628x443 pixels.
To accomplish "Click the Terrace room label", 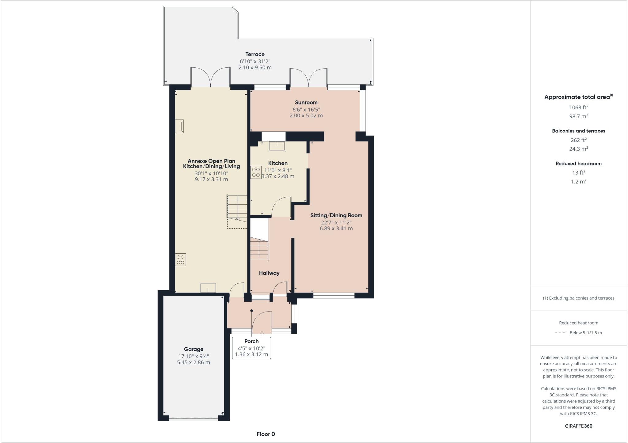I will click(255, 54).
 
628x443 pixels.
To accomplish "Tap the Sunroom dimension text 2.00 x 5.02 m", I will click(306, 115).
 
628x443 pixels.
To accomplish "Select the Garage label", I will click(193, 349).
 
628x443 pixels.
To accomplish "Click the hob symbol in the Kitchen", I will click(256, 172).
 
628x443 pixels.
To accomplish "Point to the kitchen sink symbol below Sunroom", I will click(277, 146).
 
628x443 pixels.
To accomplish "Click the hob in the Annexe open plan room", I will click(180, 259).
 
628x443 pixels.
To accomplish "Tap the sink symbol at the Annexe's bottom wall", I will click(208, 288).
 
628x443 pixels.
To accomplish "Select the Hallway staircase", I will click(259, 249).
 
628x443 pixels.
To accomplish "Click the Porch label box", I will click(251, 348).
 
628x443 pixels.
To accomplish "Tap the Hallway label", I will click(269, 273).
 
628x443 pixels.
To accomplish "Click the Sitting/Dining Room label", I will click(336, 215).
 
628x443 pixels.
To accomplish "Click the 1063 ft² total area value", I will click(578, 107).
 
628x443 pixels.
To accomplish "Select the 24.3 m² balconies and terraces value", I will click(578, 149).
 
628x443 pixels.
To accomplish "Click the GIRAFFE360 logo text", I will click(578, 426).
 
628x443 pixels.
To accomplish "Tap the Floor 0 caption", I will click(266, 434).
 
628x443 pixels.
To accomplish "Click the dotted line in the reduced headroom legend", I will click(561, 333).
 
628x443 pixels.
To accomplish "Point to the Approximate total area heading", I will click(577, 97).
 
